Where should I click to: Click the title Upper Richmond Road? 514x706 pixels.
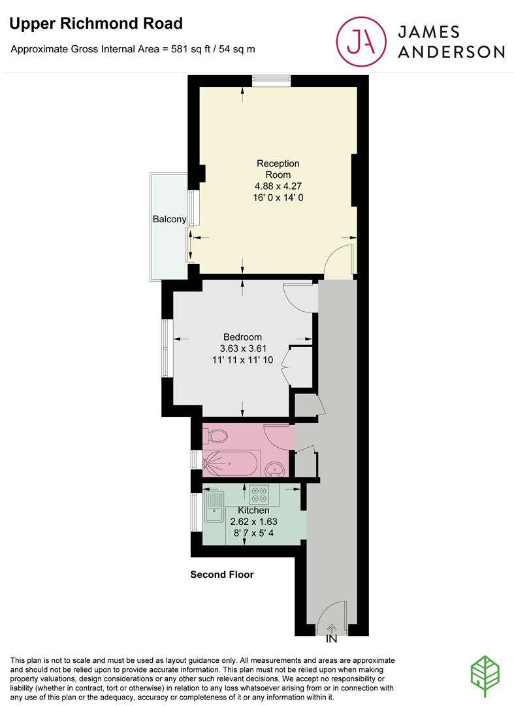(x=96, y=24)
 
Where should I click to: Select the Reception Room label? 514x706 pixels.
(x=278, y=169)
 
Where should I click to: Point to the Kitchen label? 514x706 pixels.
(x=253, y=510)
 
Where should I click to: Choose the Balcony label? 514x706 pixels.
(x=169, y=219)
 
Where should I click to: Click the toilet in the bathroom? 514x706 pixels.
(x=216, y=434)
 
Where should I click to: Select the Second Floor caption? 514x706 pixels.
(x=221, y=575)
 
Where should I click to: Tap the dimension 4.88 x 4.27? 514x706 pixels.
(x=278, y=186)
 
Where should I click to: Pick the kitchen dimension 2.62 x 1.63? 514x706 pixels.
(x=253, y=522)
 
